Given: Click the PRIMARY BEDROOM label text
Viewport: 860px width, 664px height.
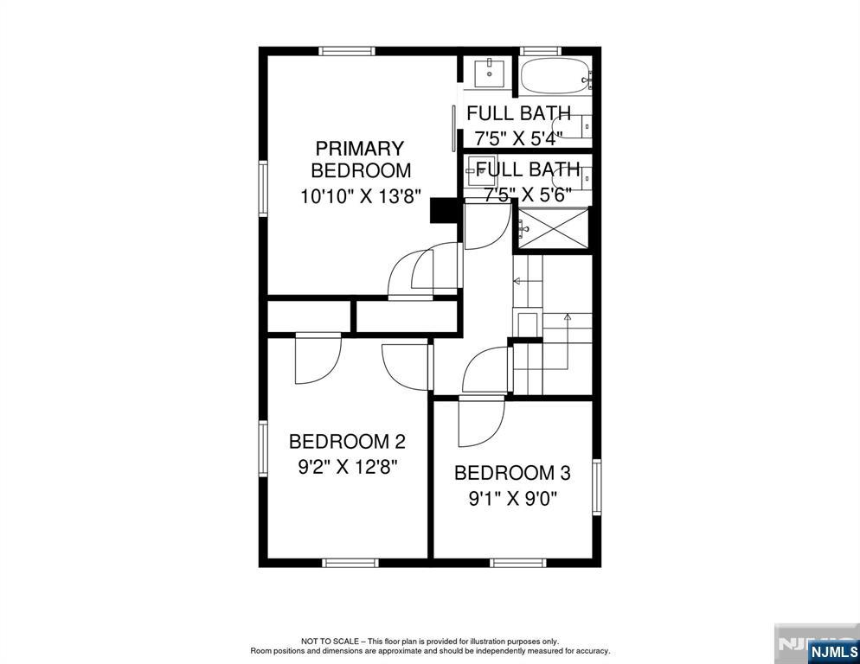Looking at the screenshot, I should pos(360,159).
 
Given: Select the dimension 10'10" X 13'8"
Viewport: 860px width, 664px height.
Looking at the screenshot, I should pos(360,196).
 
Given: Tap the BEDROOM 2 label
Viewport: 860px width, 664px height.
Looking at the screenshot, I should pos(347,442).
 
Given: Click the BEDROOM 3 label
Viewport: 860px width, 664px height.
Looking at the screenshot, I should pos(512,473).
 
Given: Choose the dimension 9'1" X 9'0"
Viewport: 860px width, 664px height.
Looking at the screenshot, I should pos(512,499).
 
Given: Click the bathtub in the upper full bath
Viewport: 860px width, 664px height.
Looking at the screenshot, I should pos(554,76).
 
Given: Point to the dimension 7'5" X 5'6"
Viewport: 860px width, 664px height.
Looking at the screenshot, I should pos(528,195).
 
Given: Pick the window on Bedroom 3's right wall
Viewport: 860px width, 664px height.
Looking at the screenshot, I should pos(596,488).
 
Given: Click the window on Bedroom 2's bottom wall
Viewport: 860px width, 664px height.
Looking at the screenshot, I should pos(350,563).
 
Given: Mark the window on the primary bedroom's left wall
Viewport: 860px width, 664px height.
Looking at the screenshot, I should pos(263,187).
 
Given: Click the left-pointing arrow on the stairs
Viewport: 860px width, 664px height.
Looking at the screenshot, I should pos(517,281).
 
